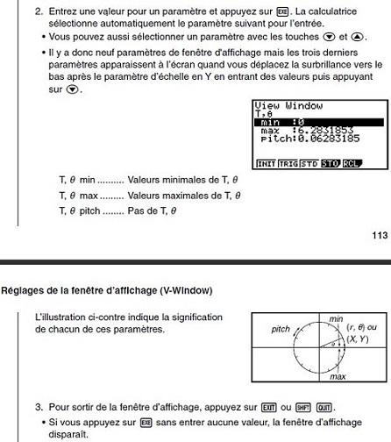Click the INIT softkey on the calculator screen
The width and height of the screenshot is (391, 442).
263,163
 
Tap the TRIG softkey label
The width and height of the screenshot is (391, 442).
285,163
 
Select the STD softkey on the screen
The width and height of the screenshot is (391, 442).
307,163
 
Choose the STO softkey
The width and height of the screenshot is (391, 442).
330,163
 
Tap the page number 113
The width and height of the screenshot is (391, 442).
378,234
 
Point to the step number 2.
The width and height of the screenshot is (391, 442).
39,12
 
